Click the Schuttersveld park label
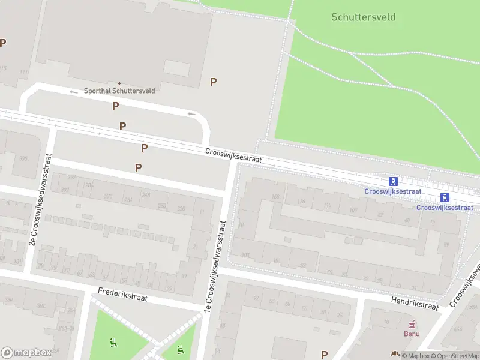363,17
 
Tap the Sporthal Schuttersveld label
119,91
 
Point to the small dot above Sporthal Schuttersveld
119,83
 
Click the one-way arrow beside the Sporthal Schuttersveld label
74,92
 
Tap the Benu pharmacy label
411,334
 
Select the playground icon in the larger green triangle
113,343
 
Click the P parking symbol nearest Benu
325,355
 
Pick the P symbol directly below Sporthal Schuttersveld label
115,106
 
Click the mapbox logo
25,353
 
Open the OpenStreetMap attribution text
454,356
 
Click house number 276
109,196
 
